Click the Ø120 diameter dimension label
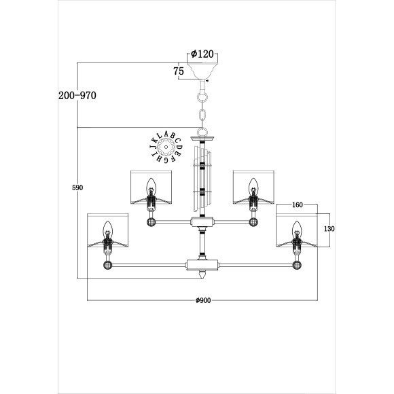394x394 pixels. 203,54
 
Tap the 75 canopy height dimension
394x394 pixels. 179,71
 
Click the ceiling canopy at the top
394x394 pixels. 203,71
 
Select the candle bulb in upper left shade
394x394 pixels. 151,184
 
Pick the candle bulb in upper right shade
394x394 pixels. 254,184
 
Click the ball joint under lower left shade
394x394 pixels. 107,264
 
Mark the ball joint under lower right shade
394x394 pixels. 297,264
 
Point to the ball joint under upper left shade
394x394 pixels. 151,221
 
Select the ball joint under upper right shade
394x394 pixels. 254,221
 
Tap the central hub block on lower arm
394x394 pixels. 202,264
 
